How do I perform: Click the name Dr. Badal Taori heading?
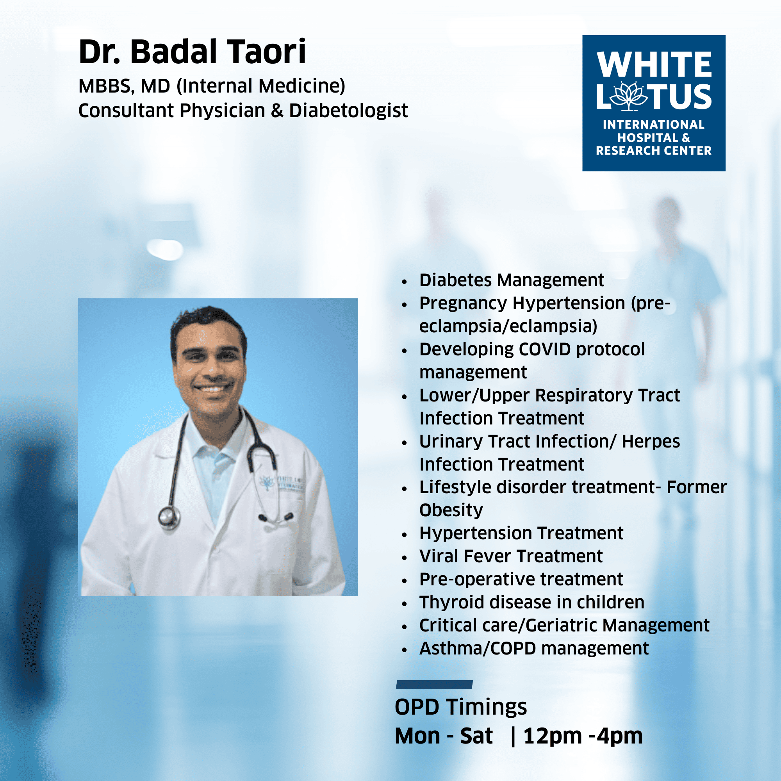[x=192, y=52]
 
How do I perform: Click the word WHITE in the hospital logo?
[x=654, y=64]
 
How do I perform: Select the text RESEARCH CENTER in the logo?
[x=654, y=151]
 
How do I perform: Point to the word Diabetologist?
[x=348, y=111]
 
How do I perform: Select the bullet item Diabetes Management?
[x=512, y=280]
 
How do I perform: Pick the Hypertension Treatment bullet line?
[x=521, y=533]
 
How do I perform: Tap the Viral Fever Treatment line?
[x=511, y=556]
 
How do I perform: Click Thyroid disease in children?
[x=531, y=602]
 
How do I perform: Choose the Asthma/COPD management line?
[x=534, y=648]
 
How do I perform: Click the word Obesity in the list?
[x=451, y=510]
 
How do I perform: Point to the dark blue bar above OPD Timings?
[x=434, y=685]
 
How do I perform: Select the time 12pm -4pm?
[x=583, y=736]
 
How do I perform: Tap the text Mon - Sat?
[x=444, y=736]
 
